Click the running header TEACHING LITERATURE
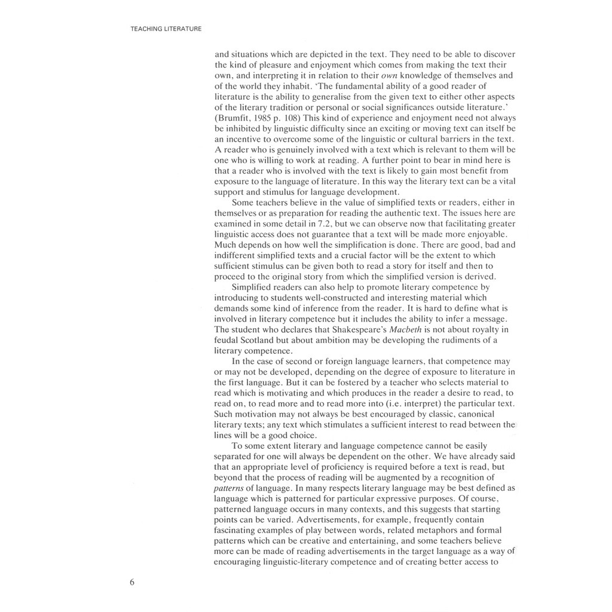(x=166, y=29)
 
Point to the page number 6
(x=131, y=583)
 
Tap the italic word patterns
(x=228, y=487)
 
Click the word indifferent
(x=238, y=255)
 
